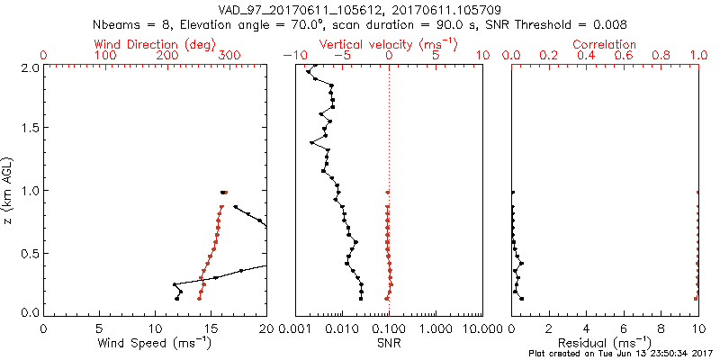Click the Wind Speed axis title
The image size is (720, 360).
pos(156,343)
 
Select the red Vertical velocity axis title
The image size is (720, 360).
pos(388,44)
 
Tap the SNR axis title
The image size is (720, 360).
pos(389,343)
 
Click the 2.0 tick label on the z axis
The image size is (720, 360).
pos(29,67)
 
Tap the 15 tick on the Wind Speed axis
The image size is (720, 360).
pos(211,328)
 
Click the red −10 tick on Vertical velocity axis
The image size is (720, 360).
pos(291,56)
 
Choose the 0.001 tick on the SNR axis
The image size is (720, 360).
pos(295,328)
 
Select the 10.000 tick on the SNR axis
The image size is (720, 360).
pos(481,328)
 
